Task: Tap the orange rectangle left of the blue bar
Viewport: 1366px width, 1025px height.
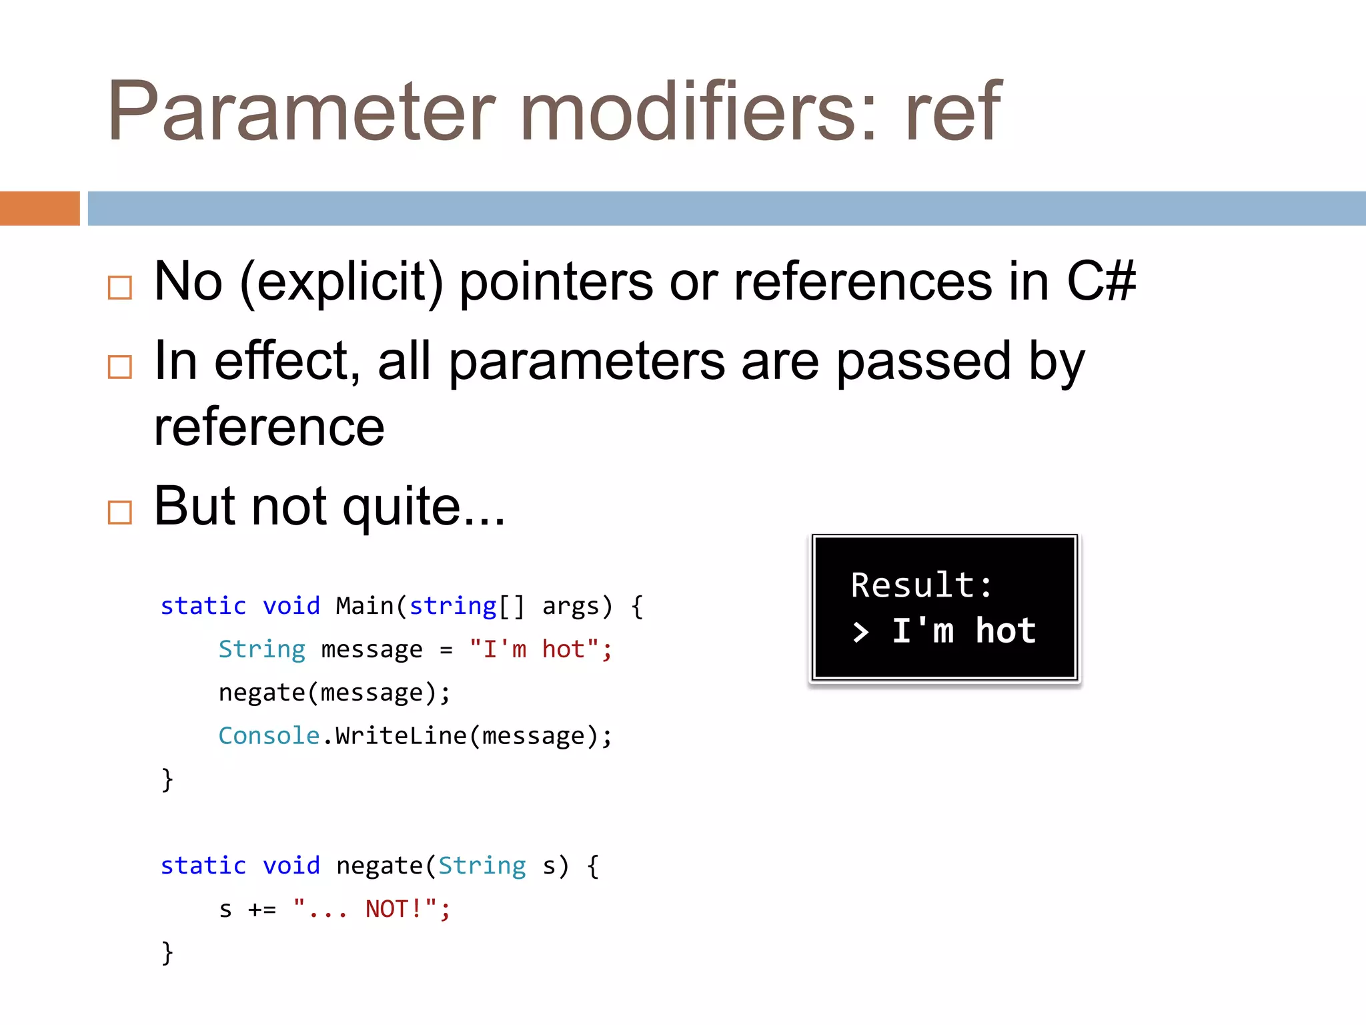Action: [39, 208]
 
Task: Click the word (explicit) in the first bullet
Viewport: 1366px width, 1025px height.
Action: [341, 283]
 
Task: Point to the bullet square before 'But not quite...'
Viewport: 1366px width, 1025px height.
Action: [120, 512]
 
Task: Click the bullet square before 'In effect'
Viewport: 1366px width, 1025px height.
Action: [120, 366]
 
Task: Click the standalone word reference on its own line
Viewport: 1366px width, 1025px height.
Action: [269, 427]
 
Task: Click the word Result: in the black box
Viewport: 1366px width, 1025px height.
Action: [922, 586]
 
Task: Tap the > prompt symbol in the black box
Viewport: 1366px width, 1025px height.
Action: [861, 632]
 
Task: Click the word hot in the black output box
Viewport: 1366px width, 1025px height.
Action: [1005, 631]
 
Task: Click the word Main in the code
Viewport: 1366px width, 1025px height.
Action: [365, 606]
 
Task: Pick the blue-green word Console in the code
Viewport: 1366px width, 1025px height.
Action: [269, 735]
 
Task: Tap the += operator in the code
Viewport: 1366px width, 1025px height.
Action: [261, 910]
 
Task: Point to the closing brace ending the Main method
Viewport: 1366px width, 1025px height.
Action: [167, 779]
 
